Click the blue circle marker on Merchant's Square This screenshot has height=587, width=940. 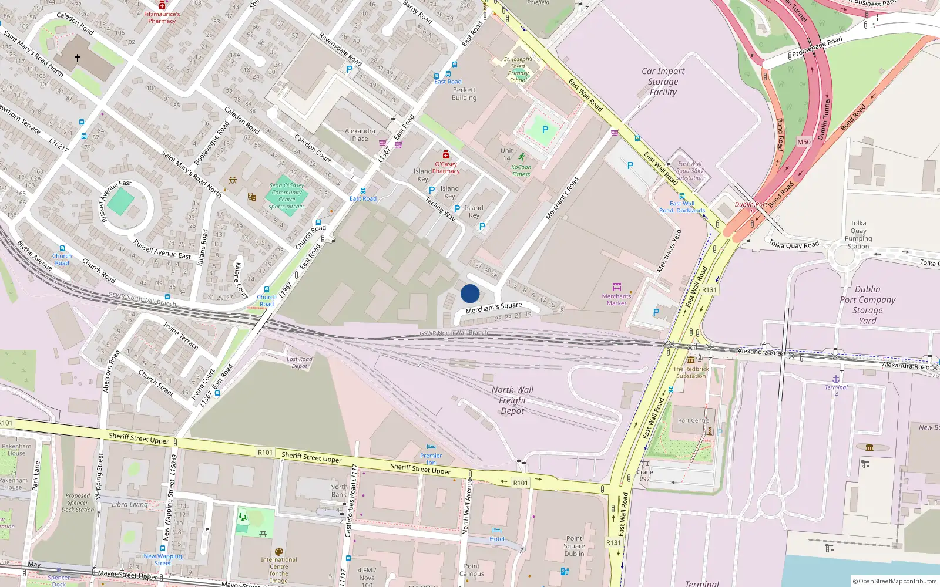[470, 293]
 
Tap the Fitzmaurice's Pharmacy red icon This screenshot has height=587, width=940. [162, 5]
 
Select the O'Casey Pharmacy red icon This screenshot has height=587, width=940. [446, 155]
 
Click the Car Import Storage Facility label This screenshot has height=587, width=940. [663, 82]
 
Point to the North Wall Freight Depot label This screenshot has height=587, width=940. [512, 400]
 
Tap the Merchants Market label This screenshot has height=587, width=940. [616, 300]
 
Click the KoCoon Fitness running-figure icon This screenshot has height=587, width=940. [522, 157]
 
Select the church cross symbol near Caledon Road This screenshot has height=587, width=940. [78, 58]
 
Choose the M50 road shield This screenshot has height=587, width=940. [804, 142]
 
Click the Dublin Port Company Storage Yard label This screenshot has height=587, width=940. [867, 305]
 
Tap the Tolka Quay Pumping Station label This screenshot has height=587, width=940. [858, 235]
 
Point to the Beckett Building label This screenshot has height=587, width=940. [464, 94]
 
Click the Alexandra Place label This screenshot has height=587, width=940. [360, 135]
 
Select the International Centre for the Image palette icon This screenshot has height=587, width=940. [279, 552]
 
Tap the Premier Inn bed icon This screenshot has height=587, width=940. [431, 447]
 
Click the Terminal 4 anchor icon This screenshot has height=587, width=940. [836, 379]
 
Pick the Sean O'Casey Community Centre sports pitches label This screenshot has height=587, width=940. [287, 196]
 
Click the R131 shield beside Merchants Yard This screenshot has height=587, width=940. [709, 290]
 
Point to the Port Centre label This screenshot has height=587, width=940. [693, 421]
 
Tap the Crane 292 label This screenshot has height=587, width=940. [644, 475]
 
